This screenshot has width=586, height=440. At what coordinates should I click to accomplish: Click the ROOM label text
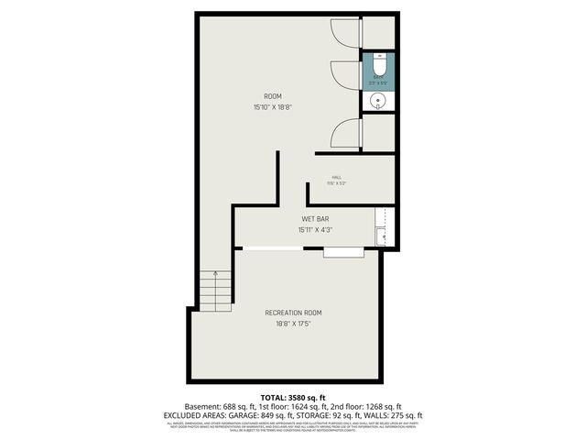point(273,96)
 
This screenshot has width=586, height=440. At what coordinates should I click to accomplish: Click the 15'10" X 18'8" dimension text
point(273,107)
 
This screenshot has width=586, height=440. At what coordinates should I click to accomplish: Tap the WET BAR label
point(316,219)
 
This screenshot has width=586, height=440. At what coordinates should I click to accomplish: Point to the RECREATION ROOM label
point(293,313)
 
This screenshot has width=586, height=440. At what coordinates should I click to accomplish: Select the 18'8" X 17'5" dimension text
point(293,324)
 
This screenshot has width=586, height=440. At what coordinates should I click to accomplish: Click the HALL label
point(336,177)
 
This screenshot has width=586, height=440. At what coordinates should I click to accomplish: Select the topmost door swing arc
point(345,31)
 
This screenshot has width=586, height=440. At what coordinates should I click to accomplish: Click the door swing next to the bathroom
point(345,77)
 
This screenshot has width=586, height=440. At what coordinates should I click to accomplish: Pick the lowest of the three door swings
point(345,133)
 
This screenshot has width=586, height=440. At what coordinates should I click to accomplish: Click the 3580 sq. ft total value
point(307,396)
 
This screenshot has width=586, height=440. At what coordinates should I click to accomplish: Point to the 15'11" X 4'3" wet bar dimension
point(316,230)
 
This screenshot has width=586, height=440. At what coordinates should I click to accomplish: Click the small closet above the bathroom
point(379,32)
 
